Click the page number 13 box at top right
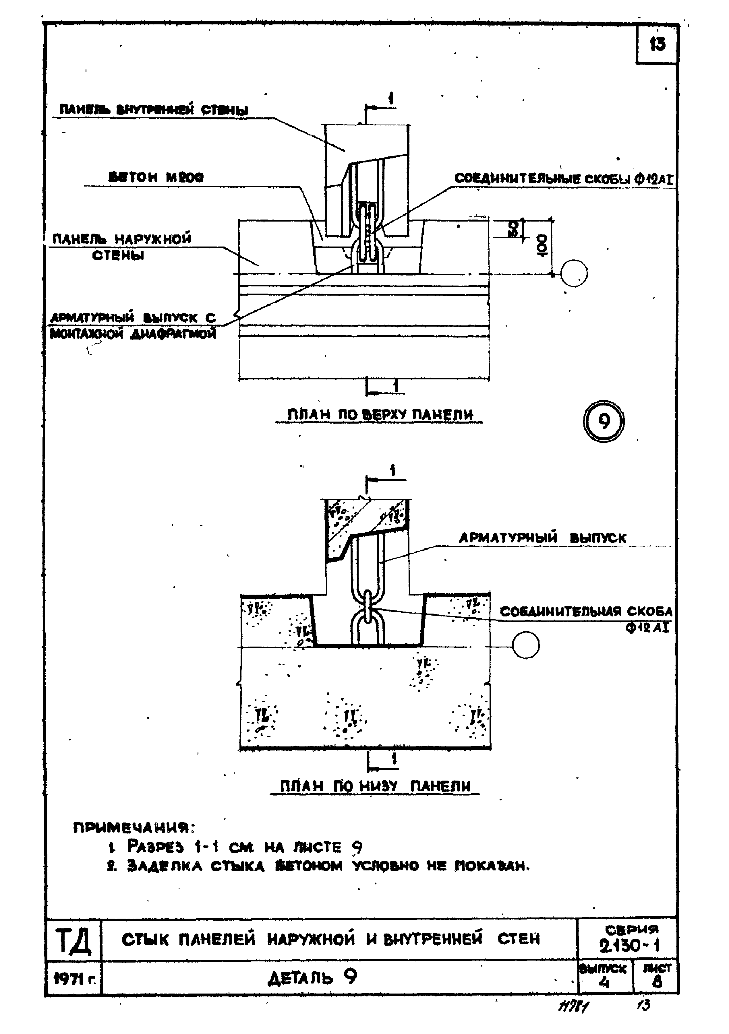pos(657,44)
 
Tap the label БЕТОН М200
pos(156,177)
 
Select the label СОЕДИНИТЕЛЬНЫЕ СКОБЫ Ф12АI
pos(563,179)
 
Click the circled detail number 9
pos(604,422)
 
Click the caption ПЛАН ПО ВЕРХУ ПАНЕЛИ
pos(380,415)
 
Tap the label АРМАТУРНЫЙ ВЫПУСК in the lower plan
pos(542,538)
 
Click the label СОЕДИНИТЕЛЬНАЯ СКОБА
pos(586,612)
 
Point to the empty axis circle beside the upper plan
pos(574,273)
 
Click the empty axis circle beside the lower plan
pos(526,645)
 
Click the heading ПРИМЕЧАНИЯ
pos(134,827)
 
